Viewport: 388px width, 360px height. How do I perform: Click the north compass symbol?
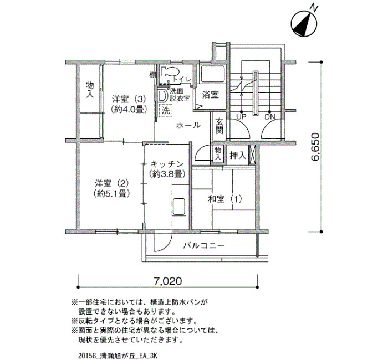click(x=304, y=23)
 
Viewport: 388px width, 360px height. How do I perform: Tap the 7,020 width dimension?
click(x=168, y=281)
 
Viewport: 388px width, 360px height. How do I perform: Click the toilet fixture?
click(x=170, y=71)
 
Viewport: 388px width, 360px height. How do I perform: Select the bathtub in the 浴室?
click(x=212, y=74)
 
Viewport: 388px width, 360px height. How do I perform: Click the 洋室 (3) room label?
click(x=129, y=99)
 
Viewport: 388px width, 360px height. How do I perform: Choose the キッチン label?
click(x=167, y=164)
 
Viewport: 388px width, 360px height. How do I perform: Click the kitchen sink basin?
click(x=179, y=207)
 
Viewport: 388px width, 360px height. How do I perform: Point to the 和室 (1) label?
click(x=224, y=199)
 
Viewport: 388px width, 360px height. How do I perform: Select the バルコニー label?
click(x=204, y=246)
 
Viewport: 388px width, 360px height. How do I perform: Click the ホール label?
click(x=188, y=125)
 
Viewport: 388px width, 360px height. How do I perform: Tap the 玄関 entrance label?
click(x=219, y=126)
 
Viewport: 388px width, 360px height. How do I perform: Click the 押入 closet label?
click(x=238, y=155)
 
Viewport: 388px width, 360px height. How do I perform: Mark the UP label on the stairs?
click(x=241, y=117)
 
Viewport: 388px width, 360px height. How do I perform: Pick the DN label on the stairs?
click(x=270, y=117)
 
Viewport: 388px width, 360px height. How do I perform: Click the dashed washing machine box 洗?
click(x=165, y=111)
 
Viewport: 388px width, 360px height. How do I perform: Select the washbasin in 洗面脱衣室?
click(x=162, y=96)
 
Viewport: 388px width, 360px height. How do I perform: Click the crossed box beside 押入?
click(x=253, y=155)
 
